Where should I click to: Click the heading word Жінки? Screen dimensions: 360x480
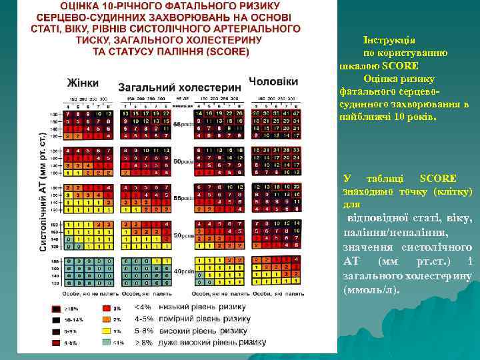point(83,83)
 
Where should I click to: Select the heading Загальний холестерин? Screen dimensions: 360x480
point(179,87)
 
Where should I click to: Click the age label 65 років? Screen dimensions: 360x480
point(181,125)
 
